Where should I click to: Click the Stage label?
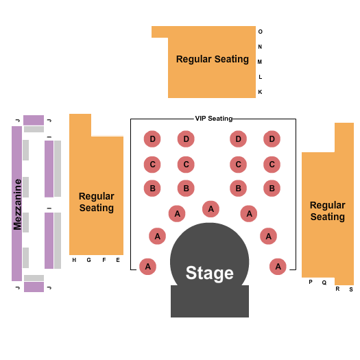(209, 273)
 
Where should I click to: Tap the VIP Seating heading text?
(213, 119)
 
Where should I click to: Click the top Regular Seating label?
(212, 59)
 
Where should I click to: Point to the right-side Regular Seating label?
(327, 211)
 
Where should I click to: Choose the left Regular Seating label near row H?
(96, 202)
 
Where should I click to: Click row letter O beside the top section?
(260, 32)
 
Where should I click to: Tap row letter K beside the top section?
(260, 92)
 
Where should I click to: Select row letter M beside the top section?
(260, 62)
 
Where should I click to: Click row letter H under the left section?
(74, 260)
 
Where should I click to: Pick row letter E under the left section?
(117, 260)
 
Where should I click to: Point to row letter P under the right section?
(310, 282)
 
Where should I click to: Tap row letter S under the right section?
(350, 289)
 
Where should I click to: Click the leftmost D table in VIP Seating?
(152, 139)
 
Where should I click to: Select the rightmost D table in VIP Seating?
(272, 139)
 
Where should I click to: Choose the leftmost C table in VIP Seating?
(152, 165)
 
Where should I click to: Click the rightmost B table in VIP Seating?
(272, 188)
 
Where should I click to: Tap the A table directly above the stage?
(211, 208)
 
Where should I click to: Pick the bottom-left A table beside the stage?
(147, 267)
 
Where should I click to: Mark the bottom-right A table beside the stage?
(278, 267)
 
